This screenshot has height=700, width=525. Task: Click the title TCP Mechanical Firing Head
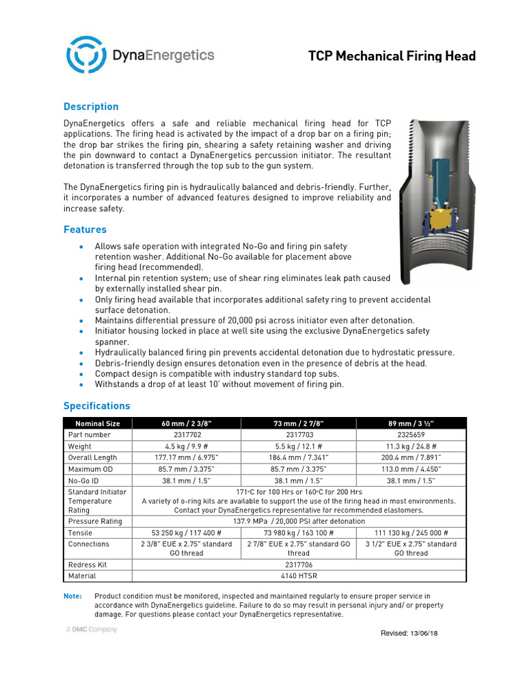pos(392,56)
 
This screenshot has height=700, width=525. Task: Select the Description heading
pos(91,107)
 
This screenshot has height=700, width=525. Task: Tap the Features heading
pos(85,230)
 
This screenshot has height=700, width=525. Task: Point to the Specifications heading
pos(96,405)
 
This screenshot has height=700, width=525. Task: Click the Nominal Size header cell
pos(97,423)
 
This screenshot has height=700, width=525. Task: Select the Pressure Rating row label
pos(95,521)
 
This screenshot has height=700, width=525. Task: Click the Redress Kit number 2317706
pos(299,565)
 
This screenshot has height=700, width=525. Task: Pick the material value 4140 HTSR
pos(299,576)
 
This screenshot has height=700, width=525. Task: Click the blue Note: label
pos(72,596)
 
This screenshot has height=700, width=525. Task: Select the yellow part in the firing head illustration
pos(451,219)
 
